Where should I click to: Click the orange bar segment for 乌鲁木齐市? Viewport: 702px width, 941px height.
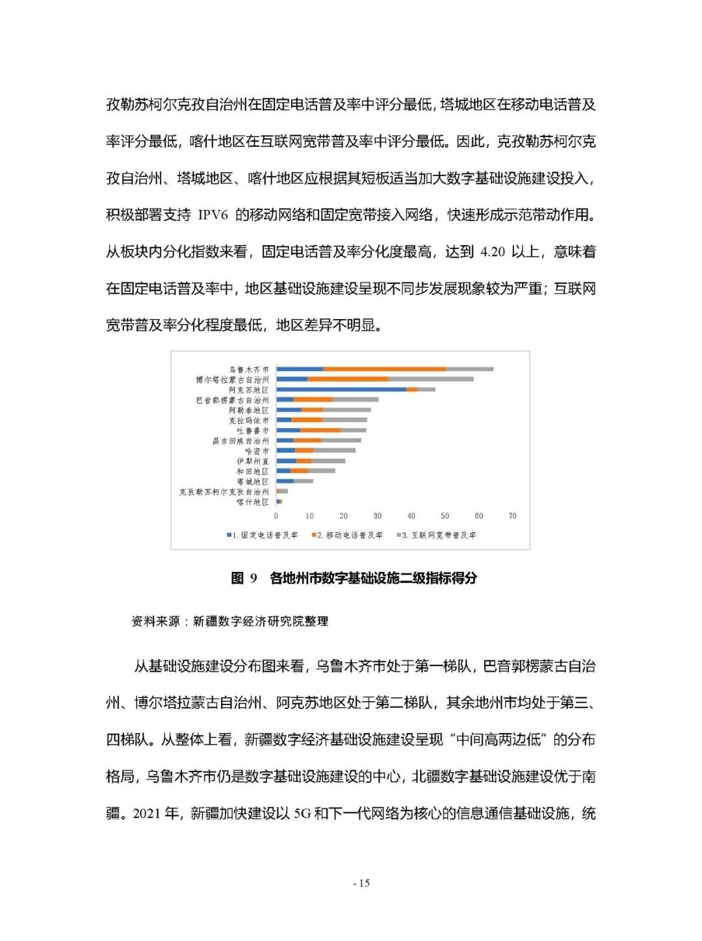[x=385, y=369]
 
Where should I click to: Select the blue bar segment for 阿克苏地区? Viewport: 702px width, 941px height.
[x=341, y=389]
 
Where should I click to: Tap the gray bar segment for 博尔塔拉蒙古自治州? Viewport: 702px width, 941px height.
[x=430, y=379]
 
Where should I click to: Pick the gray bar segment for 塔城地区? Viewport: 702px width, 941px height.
[x=304, y=481]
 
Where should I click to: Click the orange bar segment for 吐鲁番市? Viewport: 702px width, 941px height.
[x=320, y=430]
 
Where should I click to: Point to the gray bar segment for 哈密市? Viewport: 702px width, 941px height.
[x=335, y=450]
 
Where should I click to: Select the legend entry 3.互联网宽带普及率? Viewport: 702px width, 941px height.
[x=439, y=535]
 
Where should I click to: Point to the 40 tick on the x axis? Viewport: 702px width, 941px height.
[x=411, y=516]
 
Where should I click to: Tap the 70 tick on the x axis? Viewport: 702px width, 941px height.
[x=512, y=516]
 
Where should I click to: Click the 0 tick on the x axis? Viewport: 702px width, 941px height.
[x=276, y=516]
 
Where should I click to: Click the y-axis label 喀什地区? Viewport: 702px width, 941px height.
[x=253, y=502]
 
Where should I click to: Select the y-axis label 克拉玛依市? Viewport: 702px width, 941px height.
[x=249, y=420]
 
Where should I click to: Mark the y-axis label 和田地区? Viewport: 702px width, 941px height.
[x=253, y=471]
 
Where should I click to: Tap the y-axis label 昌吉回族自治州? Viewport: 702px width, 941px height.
[x=240, y=441]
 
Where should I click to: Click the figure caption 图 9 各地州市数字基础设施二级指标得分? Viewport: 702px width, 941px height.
[x=354, y=578]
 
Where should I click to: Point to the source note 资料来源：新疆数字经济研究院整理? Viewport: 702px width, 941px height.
[x=230, y=621]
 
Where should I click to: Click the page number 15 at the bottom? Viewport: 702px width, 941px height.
[x=361, y=883]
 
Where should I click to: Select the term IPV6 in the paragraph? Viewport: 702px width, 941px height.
[x=213, y=215]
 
